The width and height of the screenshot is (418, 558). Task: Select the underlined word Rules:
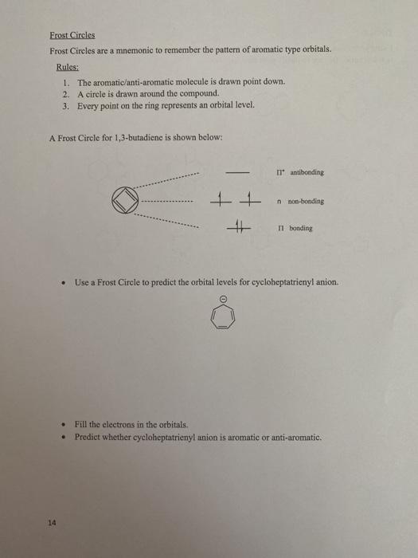pyautogui.click(x=68, y=67)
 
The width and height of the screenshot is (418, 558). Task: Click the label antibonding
pyautogui.click(x=307, y=172)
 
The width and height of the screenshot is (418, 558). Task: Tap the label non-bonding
pyautogui.click(x=306, y=202)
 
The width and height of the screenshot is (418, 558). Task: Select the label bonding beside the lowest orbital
pyautogui.click(x=301, y=228)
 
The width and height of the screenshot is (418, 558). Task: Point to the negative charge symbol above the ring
pyautogui.click(x=224, y=299)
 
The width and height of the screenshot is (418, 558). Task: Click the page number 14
pyautogui.click(x=52, y=523)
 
